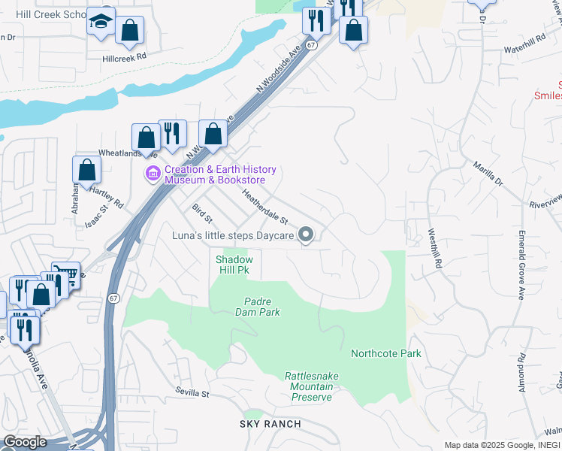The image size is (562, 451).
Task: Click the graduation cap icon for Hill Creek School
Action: pos(100,22)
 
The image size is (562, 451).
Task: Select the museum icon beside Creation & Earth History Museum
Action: pos(153,174)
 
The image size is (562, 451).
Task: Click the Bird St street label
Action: pos(202,213)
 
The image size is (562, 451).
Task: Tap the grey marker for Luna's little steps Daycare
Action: pos(306,235)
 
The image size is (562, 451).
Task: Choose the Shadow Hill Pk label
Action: pos(234,264)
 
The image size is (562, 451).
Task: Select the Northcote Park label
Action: pos(386,353)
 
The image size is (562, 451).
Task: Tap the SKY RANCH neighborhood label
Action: pos(270,424)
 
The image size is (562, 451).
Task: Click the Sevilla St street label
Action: pos(192,392)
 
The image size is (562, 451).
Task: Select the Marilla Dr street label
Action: pos(488,173)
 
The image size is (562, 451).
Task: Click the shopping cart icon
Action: pos(66,274)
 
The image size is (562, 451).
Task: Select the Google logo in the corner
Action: pos(25,442)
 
